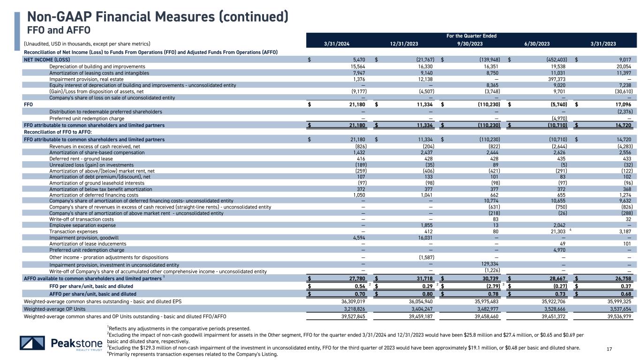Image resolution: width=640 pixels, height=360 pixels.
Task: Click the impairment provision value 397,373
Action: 557,79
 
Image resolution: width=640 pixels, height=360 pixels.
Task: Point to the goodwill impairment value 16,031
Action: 425,238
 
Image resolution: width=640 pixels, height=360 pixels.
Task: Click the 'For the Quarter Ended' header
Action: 470,36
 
